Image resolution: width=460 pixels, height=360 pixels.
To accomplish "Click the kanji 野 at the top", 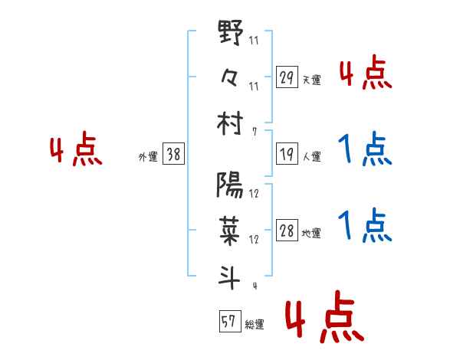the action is [231, 35].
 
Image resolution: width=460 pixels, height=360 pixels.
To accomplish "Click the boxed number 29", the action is [287, 77].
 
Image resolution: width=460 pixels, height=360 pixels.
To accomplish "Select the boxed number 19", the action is [287, 154].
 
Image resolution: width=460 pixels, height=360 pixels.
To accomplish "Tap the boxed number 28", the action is [287, 231].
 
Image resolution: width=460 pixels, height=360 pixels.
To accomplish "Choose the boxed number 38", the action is [173, 154].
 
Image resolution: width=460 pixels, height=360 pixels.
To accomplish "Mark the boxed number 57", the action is [228, 322].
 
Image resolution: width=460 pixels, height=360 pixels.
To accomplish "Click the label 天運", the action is [311, 80].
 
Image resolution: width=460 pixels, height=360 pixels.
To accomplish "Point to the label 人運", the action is [311, 156].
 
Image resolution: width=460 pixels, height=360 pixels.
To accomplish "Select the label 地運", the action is [311, 233].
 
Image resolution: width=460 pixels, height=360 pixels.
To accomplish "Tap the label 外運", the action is [147, 156].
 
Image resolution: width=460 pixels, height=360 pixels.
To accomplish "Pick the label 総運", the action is [254, 324].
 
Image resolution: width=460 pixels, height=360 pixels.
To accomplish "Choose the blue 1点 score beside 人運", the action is [365, 149].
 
